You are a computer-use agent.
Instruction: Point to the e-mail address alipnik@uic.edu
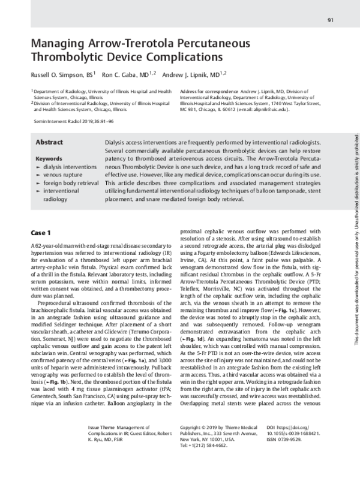[x=265, y=110]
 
